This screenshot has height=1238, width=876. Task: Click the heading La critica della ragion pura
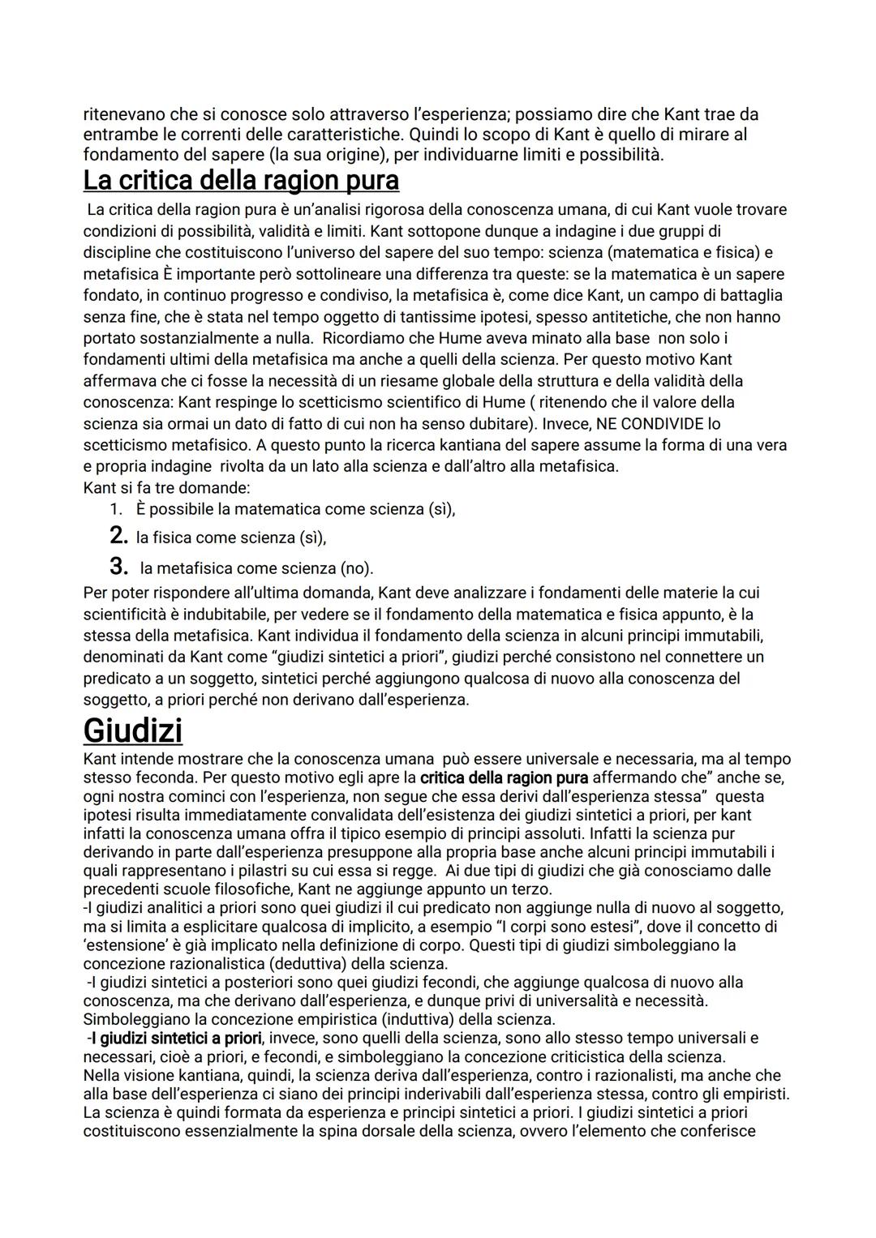coord(241,179)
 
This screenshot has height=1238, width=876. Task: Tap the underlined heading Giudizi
coord(132,730)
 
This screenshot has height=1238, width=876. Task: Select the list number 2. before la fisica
coord(118,536)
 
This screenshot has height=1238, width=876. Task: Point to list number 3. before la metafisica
coord(118,567)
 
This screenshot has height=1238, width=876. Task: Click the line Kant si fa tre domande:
coord(166,488)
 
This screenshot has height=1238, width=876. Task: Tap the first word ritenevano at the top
coord(124,115)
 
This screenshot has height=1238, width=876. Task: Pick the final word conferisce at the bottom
coord(718,1132)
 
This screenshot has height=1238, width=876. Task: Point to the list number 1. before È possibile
coord(116,509)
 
